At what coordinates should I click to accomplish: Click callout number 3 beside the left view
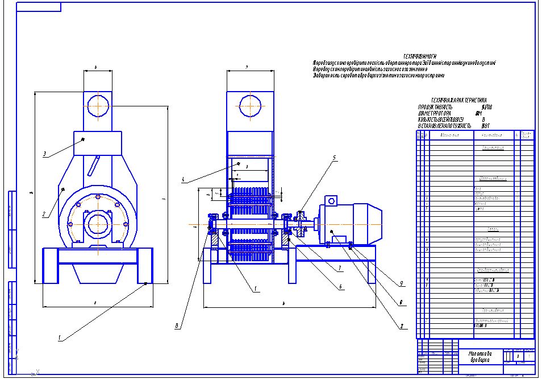pos(44,154)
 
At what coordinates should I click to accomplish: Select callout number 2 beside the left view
pos(43,215)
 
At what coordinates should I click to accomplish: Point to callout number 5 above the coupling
pos(335,157)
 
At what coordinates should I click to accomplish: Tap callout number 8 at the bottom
pos(177,326)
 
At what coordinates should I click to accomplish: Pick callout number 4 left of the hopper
pos(184,180)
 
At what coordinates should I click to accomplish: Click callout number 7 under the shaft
pos(339,267)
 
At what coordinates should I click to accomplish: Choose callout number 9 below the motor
pos(401,283)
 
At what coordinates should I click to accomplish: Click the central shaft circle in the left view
pos(98,224)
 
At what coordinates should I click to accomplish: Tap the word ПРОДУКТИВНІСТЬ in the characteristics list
pos(435,107)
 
